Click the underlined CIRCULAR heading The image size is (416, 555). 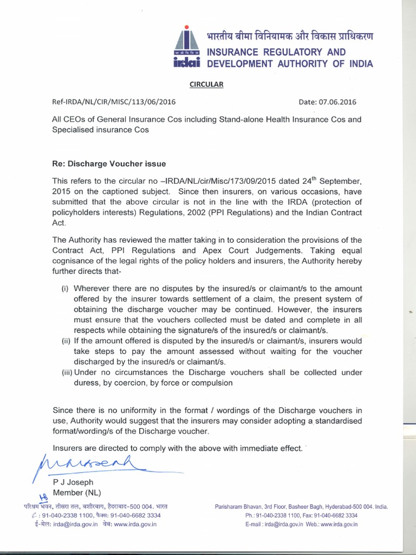pyautogui.click(x=205, y=84)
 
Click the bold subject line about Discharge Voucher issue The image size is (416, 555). pyautogui.click(x=109, y=163)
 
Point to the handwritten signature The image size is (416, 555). pyautogui.click(x=89, y=463)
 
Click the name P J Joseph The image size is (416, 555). pyautogui.click(x=73, y=482)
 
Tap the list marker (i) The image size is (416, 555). pyautogui.click(x=65, y=288)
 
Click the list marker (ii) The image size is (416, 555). pyautogui.click(x=65, y=340)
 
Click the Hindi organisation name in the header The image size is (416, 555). pyautogui.click(x=290, y=37)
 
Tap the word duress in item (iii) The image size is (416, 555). pyautogui.click(x=86, y=383)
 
